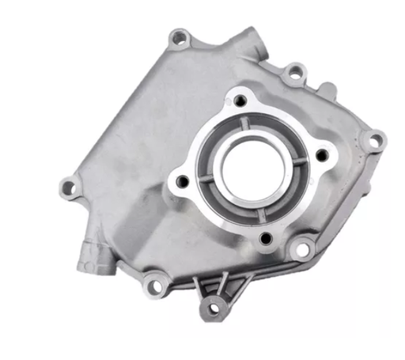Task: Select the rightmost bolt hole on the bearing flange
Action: point(324,155)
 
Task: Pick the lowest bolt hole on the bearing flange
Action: point(266,237)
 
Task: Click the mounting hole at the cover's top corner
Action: point(180,36)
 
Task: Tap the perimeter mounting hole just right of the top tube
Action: point(295,74)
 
